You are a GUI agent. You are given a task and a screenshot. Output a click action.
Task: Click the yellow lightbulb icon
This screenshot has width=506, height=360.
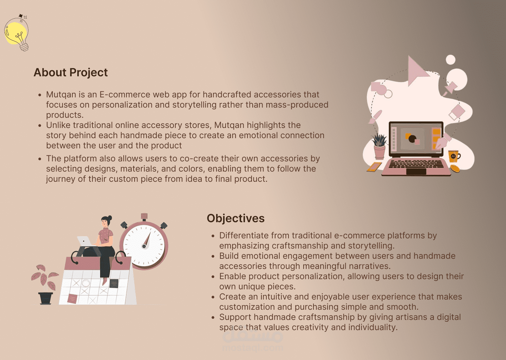[x=17, y=33]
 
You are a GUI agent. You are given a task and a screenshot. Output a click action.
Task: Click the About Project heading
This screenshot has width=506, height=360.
[x=71, y=72]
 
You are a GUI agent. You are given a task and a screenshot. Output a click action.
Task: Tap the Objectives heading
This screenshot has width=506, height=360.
[x=235, y=218]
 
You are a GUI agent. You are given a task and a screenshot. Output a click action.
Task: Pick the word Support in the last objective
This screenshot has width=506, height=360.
[x=235, y=317]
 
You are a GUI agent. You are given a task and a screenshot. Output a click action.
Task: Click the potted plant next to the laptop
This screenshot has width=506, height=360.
[x=379, y=146]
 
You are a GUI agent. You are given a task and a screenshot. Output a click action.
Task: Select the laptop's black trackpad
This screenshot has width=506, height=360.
[x=416, y=172]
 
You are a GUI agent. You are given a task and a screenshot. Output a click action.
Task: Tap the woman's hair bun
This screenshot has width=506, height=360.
[x=110, y=218]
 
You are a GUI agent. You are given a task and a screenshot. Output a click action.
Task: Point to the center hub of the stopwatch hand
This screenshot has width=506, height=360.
[x=144, y=246]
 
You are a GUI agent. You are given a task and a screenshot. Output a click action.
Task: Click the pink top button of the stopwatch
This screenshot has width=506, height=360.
[x=144, y=216]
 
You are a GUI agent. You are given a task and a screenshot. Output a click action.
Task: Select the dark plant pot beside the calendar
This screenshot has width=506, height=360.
[x=45, y=298]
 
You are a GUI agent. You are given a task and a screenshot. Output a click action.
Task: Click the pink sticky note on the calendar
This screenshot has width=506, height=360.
[x=72, y=299]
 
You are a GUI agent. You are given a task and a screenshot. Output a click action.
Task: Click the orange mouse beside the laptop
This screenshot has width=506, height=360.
[x=455, y=168]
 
